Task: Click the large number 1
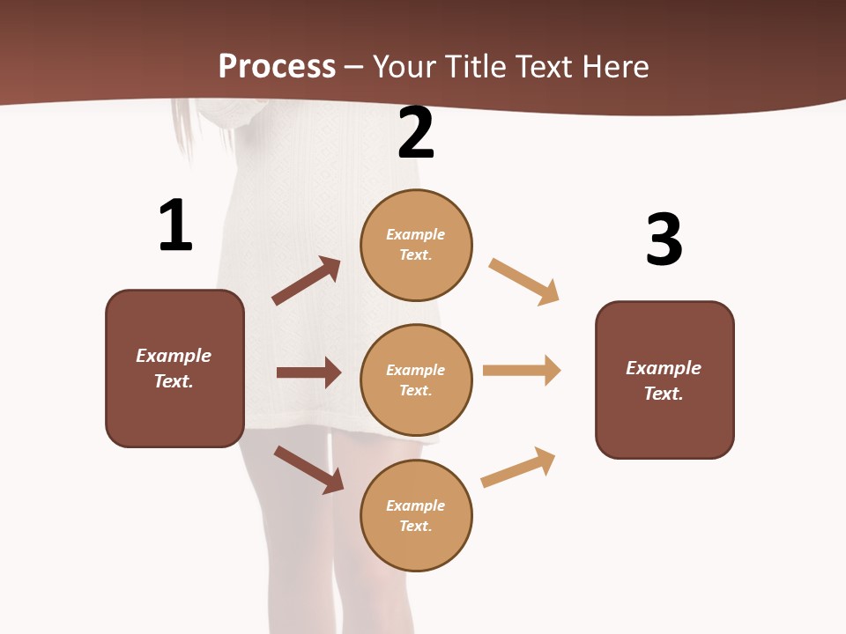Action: tap(175, 225)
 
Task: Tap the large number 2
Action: tap(416, 133)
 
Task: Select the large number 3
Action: tap(664, 240)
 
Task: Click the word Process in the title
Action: tap(277, 66)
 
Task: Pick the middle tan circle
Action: tap(416, 380)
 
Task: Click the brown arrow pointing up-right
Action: tap(306, 281)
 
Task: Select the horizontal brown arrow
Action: tap(308, 372)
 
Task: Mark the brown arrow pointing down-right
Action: tap(308, 469)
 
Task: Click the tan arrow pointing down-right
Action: tap(523, 281)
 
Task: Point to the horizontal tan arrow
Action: tap(522, 370)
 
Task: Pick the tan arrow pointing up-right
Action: tap(519, 467)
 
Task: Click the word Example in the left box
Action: tap(174, 356)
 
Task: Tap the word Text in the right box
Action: tap(663, 394)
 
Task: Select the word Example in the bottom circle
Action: tap(415, 505)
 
